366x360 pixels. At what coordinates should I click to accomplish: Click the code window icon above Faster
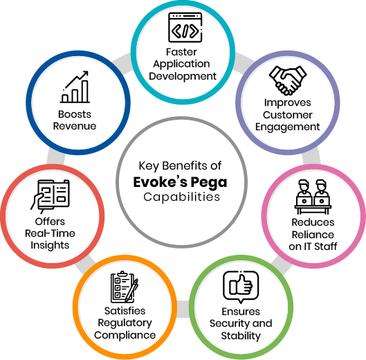tap(185, 28)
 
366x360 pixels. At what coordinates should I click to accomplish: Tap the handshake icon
tap(288, 80)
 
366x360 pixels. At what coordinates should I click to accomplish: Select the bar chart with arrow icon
tap(75, 87)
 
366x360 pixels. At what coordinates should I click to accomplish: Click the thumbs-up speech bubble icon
tap(241, 287)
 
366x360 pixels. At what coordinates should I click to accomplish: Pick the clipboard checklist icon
tap(125, 287)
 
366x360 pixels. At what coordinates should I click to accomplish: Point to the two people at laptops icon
tap(313, 197)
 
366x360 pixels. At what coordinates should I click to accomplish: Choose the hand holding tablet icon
tap(50, 196)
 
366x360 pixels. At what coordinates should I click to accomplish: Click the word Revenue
tap(75, 126)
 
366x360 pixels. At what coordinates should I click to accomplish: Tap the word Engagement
tap(288, 127)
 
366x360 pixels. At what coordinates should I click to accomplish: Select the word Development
tap(183, 77)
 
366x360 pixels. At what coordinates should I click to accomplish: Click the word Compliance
tap(125, 336)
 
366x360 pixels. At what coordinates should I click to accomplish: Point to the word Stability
tap(241, 336)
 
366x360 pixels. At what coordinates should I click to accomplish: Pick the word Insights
tap(50, 246)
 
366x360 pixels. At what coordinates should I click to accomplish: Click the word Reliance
tap(313, 235)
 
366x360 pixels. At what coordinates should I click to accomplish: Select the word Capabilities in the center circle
tap(181, 197)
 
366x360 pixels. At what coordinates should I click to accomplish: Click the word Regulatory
tap(125, 323)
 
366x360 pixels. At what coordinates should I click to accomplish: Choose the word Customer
tap(288, 115)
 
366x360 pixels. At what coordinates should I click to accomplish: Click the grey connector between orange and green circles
tap(183, 309)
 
